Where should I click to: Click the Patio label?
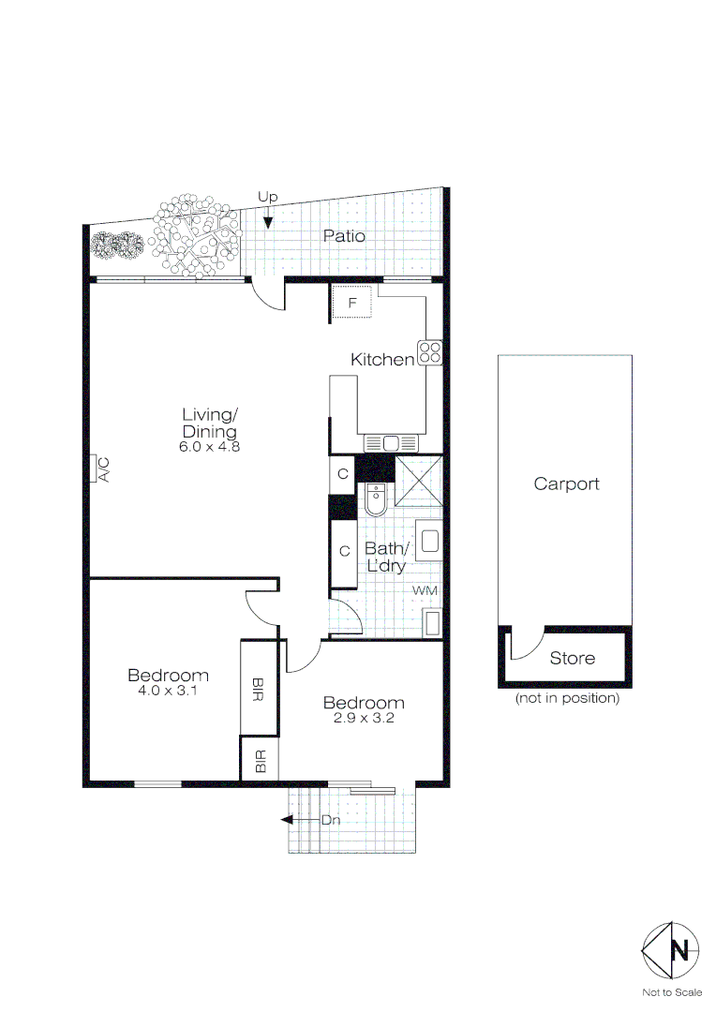pyautogui.click(x=344, y=236)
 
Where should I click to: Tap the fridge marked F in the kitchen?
pyautogui.click(x=351, y=302)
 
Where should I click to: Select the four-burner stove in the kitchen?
pyautogui.click(x=430, y=352)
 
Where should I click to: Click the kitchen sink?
pyautogui.click(x=391, y=443)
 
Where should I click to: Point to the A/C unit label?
pyautogui.click(x=103, y=469)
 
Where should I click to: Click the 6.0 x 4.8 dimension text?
pyautogui.click(x=209, y=447)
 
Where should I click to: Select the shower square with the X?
pyautogui.click(x=418, y=480)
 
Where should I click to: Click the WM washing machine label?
pyautogui.click(x=425, y=590)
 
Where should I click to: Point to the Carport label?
pyautogui.click(x=566, y=484)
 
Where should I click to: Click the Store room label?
pyautogui.click(x=572, y=659)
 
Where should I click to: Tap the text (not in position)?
pyautogui.click(x=567, y=698)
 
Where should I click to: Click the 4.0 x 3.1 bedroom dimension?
pyautogui.click(x=168, y=691)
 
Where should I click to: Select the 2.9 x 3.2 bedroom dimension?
pyautogui.click(x=364, y=718)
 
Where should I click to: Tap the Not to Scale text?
pyautogui.click(x=672, y=992)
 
